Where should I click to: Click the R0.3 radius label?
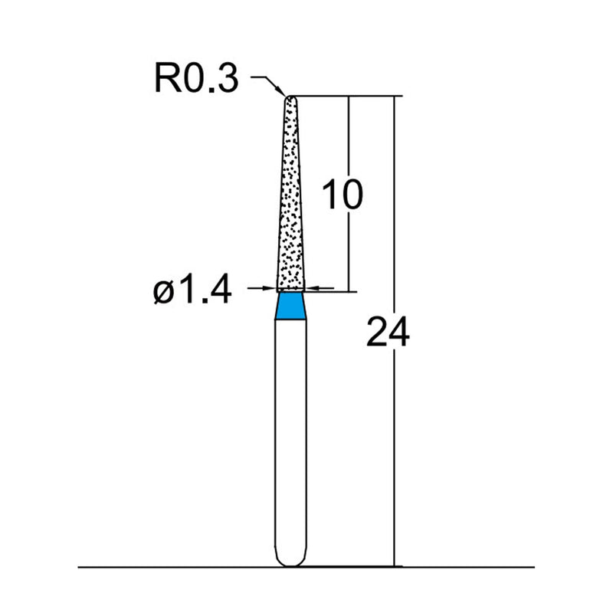197,79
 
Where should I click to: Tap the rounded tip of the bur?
290,98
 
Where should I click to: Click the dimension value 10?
342,195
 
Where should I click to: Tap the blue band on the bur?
290,306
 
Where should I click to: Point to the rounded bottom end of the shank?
290,561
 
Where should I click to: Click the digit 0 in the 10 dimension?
350,195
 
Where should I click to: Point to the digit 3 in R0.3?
228,79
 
